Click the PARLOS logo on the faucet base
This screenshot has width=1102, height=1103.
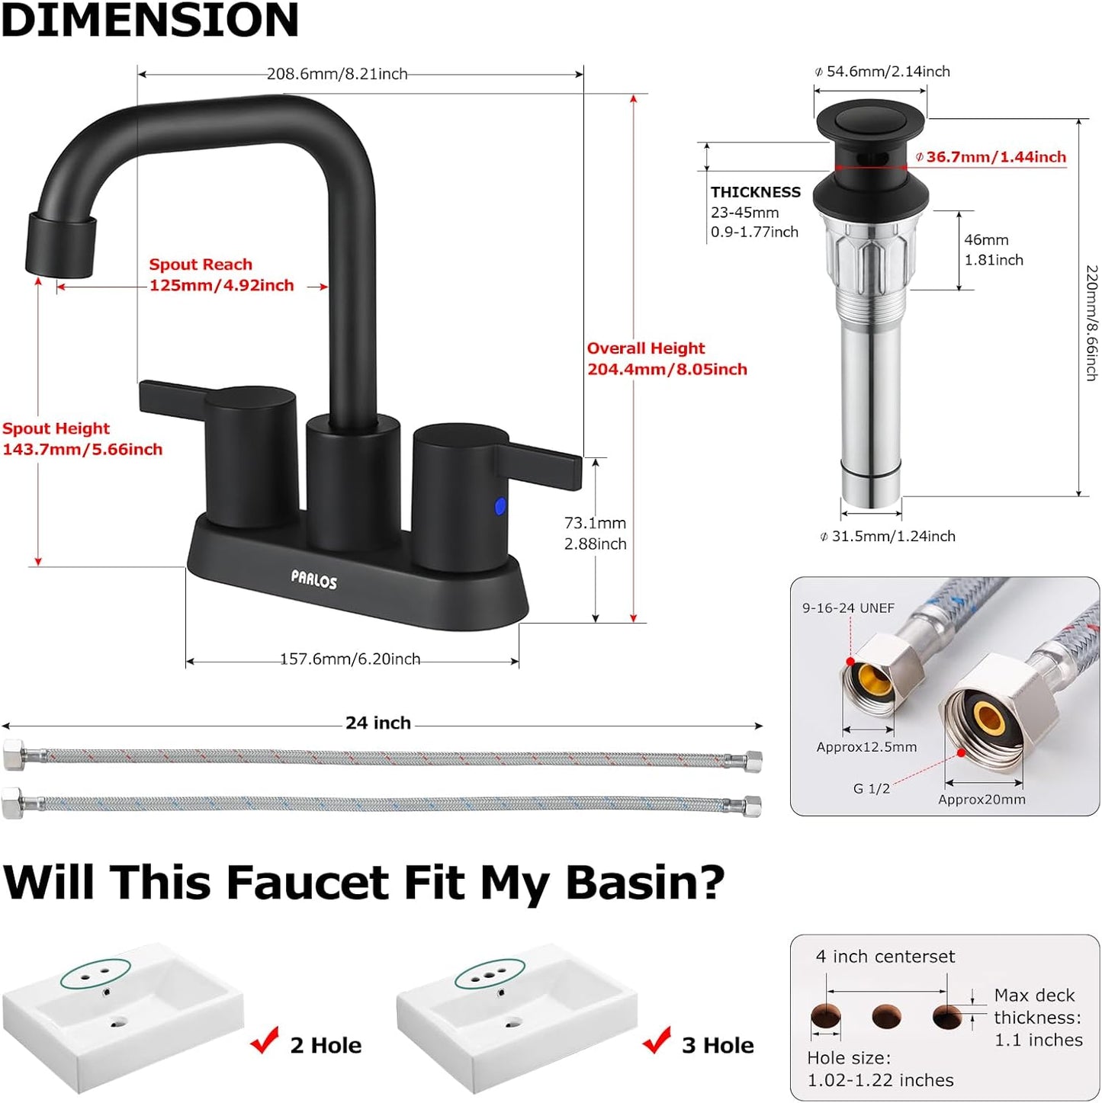point(313,581)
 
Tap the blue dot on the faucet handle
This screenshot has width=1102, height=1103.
point(500,505)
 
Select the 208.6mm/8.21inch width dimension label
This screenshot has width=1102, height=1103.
point(337,74)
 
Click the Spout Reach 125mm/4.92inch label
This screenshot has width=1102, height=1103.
point(221,275)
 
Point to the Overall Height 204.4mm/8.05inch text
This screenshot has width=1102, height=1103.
point(667,359)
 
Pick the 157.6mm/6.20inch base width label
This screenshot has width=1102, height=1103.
point(350,659)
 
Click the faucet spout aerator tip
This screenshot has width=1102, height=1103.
point(61,244)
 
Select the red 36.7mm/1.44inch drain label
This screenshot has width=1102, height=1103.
point(995,157)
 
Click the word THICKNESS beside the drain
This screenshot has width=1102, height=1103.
point(756,192)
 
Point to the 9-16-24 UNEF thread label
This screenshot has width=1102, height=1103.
point(848,608)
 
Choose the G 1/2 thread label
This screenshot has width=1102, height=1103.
point(871,789)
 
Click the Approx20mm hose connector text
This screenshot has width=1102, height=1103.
point(982,800)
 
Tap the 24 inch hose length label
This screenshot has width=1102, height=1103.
point(378,723)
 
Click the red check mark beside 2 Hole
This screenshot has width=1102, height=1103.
point(265,1040)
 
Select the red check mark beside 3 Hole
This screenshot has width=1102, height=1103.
point(657,1040)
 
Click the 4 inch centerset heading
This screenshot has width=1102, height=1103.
point(885,957)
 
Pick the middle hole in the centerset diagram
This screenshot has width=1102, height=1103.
point(886,1016)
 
